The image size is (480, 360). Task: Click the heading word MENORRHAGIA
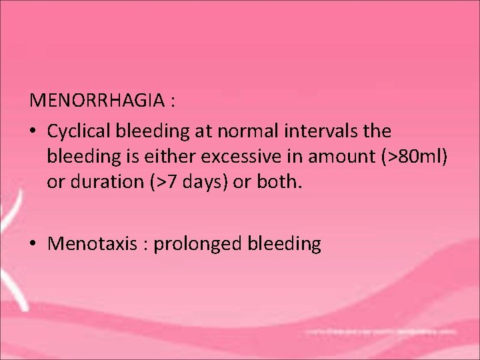(x=97, y=101)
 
